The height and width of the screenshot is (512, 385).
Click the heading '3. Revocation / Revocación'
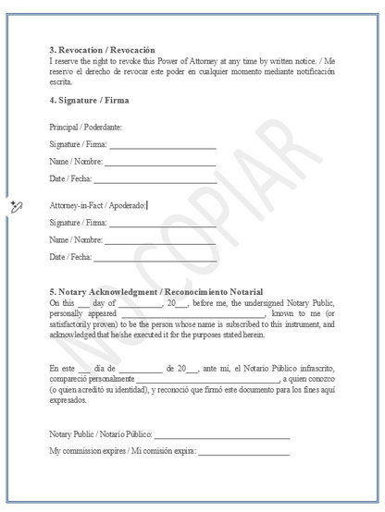click(x=103, y=49)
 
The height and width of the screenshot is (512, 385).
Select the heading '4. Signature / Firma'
click(x=89, y=100)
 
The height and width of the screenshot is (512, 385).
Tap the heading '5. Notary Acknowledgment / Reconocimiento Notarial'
click(x=155, y=292)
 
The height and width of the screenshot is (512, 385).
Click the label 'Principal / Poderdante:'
click(x=86, y=127)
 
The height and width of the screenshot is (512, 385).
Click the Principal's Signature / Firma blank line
click(x=163, y=145)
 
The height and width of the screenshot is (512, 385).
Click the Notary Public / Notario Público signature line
click(x=222, y=434)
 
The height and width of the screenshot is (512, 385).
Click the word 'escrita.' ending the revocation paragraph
click(x=62, y=81)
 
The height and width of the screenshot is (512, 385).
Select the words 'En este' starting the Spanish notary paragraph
click(x=62, y=368)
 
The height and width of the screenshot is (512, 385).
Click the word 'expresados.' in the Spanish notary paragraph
click(x=68, y=401)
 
